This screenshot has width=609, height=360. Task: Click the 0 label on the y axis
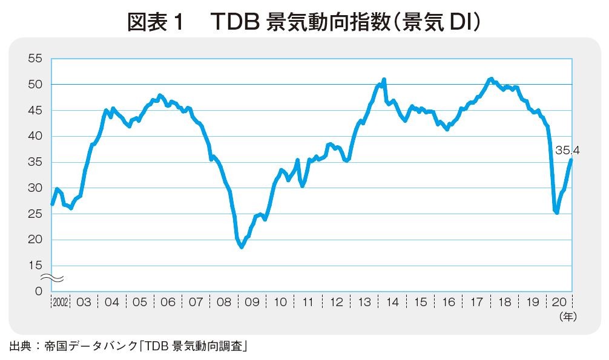click(38, 292)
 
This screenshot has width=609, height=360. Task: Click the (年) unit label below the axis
click(568, 316)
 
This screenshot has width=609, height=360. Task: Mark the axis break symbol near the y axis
click(52, 278)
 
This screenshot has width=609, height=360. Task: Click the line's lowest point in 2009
click(242, 247)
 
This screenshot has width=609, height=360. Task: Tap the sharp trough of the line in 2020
click(556, 213)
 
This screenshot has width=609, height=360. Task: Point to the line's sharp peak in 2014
click(384, 79)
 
